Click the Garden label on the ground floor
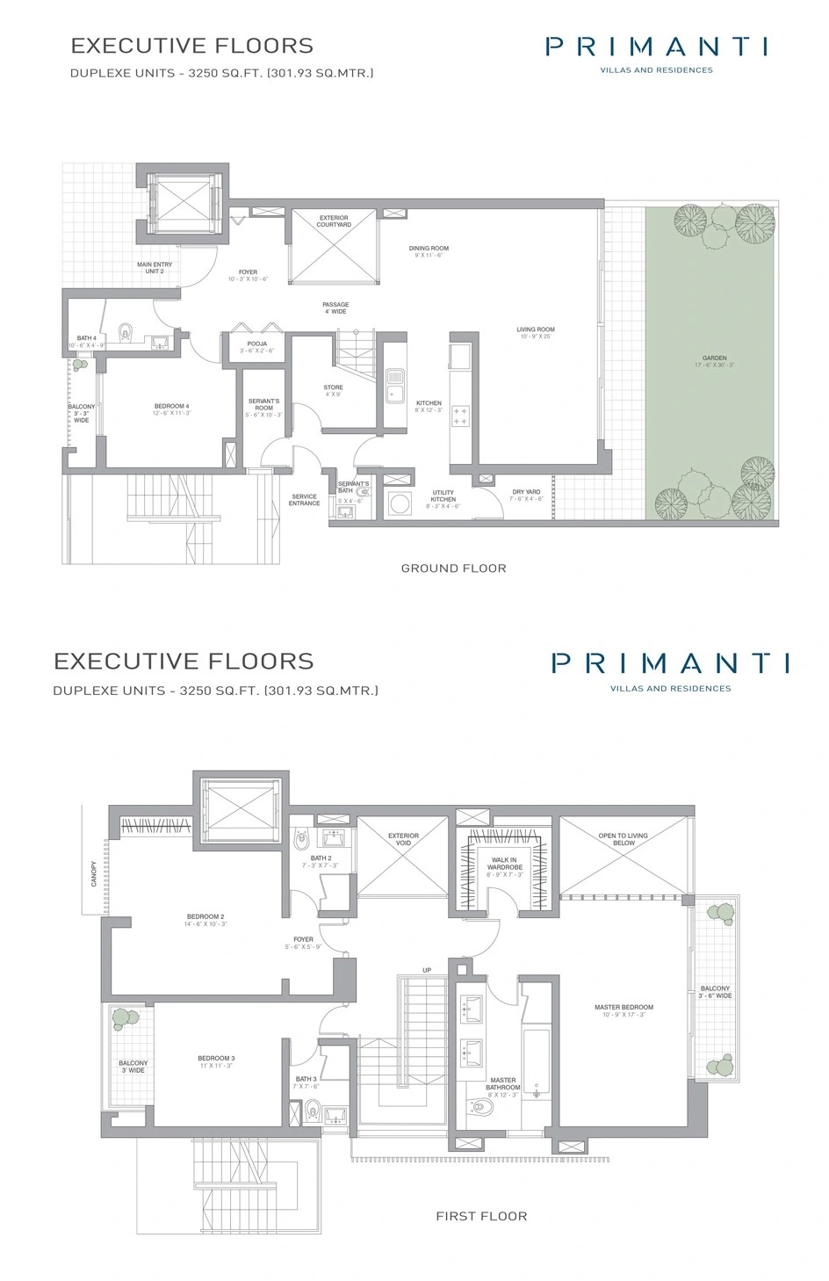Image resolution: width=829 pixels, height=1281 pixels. coord(714,358)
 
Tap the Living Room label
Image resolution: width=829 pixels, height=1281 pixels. coord(536,329)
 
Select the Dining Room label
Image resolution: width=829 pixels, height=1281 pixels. coord(429,249)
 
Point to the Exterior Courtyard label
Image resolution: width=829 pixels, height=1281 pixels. coord(334,221)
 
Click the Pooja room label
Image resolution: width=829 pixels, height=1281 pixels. coord(257,344)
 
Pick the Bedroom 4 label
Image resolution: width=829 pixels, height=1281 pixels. coord(172,406)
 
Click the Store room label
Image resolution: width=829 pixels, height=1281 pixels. coord(333,387)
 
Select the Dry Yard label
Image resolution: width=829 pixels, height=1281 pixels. coord(527,492)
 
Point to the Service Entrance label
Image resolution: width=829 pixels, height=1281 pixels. coord(305,500)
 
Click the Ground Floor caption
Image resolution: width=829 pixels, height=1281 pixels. coord(453,568)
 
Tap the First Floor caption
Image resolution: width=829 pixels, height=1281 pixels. coord(481,1216)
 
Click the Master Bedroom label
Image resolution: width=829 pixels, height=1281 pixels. coord(624,1008)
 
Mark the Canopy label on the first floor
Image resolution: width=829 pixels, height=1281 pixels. coord(95,872)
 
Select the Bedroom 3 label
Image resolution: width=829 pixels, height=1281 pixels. coord(216,1059)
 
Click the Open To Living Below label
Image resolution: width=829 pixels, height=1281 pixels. coord(624,839)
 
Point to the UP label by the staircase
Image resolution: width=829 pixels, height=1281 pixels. coord(427,971)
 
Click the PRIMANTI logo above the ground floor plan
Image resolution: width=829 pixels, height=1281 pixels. coord(656,47)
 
